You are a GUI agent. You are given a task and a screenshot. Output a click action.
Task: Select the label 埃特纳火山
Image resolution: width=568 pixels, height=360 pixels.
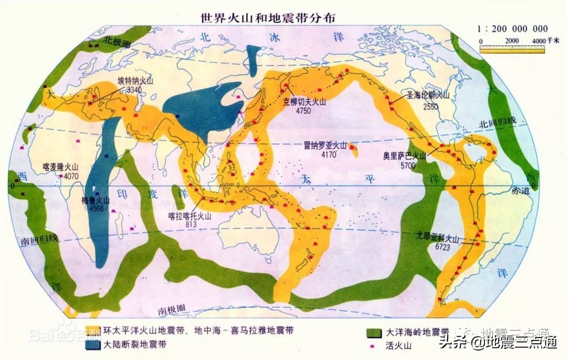[136, 83]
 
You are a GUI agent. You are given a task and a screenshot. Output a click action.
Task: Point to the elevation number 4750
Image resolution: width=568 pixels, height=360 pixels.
[303, 111]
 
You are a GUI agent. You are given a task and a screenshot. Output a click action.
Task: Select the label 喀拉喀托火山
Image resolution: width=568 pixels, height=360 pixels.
[189, 216]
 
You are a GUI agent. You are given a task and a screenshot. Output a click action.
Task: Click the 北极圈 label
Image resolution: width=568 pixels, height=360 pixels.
[115, 40]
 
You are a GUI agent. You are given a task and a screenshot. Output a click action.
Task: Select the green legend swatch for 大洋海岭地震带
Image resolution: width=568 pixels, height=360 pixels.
[374, 333]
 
